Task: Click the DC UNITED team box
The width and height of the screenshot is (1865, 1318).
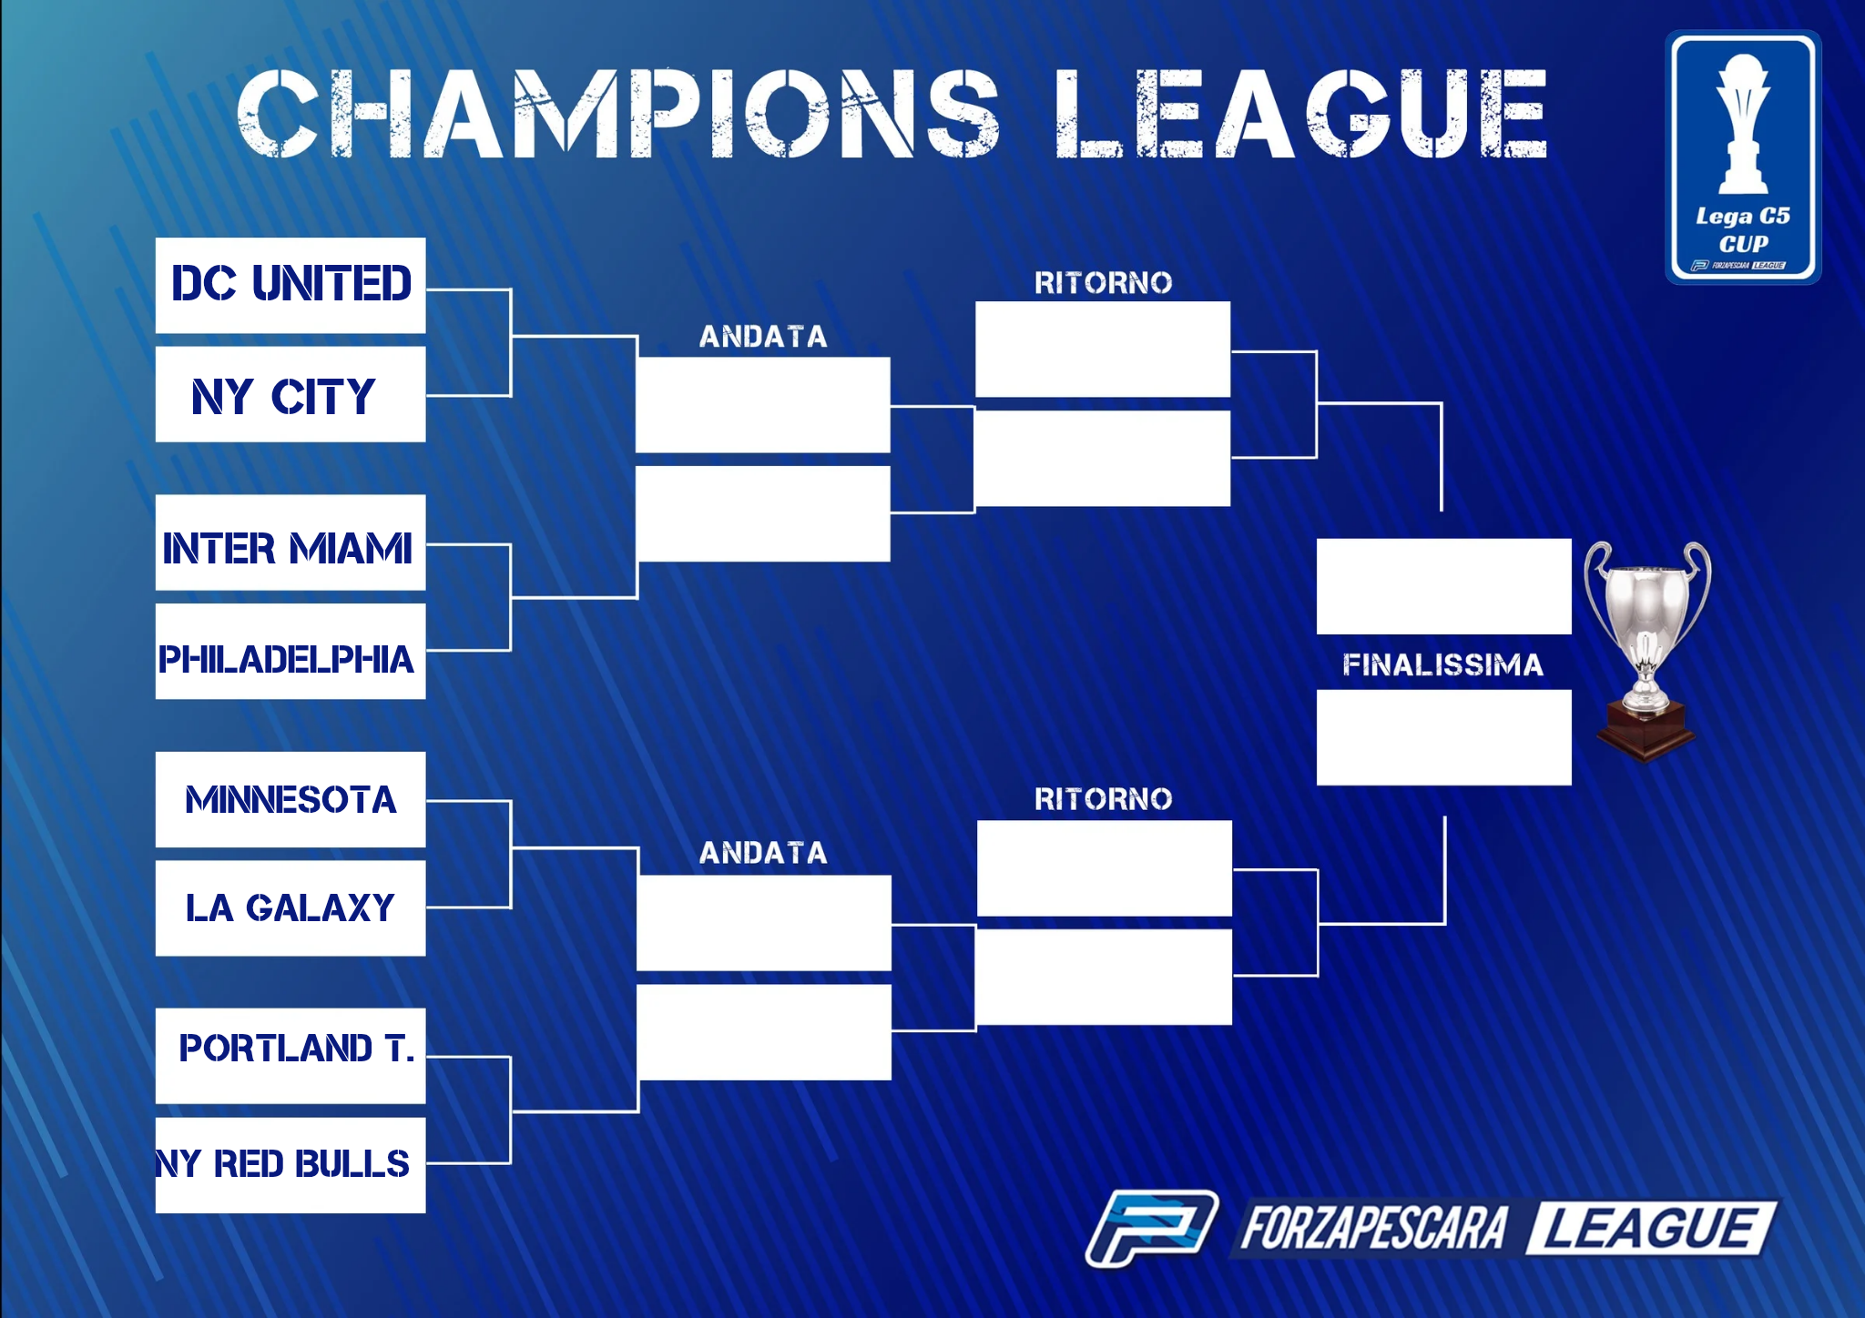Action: (290, 285)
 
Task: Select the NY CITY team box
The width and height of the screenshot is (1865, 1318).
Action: (290, 394)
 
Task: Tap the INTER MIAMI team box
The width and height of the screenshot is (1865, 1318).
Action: (290, 542)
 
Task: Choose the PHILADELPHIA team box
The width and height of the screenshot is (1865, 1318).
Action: (290, 652)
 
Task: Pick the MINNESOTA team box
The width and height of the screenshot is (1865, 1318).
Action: (290, 799)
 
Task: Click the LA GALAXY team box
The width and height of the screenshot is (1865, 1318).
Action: (290, 908)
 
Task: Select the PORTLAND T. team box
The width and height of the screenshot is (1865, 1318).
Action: (290, 1056)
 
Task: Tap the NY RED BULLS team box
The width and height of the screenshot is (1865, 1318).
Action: (290, 1166)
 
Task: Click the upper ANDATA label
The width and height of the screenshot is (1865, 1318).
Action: (763, 337)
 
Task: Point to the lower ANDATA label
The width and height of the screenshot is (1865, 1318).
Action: (763, 853)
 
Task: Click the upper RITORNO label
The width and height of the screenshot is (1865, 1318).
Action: (1103, 283)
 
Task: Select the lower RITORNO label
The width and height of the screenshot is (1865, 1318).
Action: (1103, 799)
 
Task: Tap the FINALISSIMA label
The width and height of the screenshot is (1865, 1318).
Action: (1443, 664)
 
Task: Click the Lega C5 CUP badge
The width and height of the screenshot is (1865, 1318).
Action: (1743, 157)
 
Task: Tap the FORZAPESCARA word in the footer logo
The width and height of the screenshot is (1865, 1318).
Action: (1374, 1228)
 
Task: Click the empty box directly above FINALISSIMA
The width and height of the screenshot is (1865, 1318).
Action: (1444, 586)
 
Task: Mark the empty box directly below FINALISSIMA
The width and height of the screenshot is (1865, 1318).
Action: (1444, 737)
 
